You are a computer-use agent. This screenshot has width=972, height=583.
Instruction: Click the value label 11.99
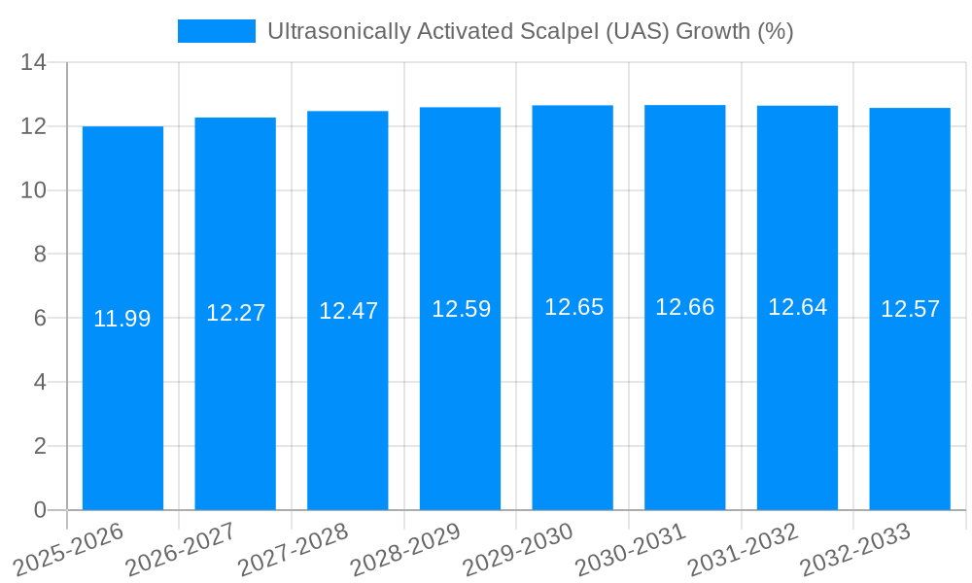tap(122, 319)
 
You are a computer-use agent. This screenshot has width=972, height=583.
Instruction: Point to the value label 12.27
tap(235, 313)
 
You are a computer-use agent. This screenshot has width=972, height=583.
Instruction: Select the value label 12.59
tap(461, 309)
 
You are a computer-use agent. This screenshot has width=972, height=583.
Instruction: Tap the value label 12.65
tap(573, 307)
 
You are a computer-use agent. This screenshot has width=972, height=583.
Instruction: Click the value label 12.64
tap(797, 307)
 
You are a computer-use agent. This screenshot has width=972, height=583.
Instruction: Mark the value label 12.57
tap(910, 309)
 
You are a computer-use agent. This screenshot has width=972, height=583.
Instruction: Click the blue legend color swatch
tap(216, 31)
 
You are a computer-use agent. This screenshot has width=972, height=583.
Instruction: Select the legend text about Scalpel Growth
tap(530, 31)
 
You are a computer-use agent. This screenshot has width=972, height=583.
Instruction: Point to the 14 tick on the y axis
tap(33, 63)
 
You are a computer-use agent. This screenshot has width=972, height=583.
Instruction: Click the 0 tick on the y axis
tap(40, 510)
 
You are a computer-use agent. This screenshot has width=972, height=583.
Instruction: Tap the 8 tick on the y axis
tap(40, 255)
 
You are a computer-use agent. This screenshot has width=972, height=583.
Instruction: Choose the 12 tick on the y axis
tap(33, 126)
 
